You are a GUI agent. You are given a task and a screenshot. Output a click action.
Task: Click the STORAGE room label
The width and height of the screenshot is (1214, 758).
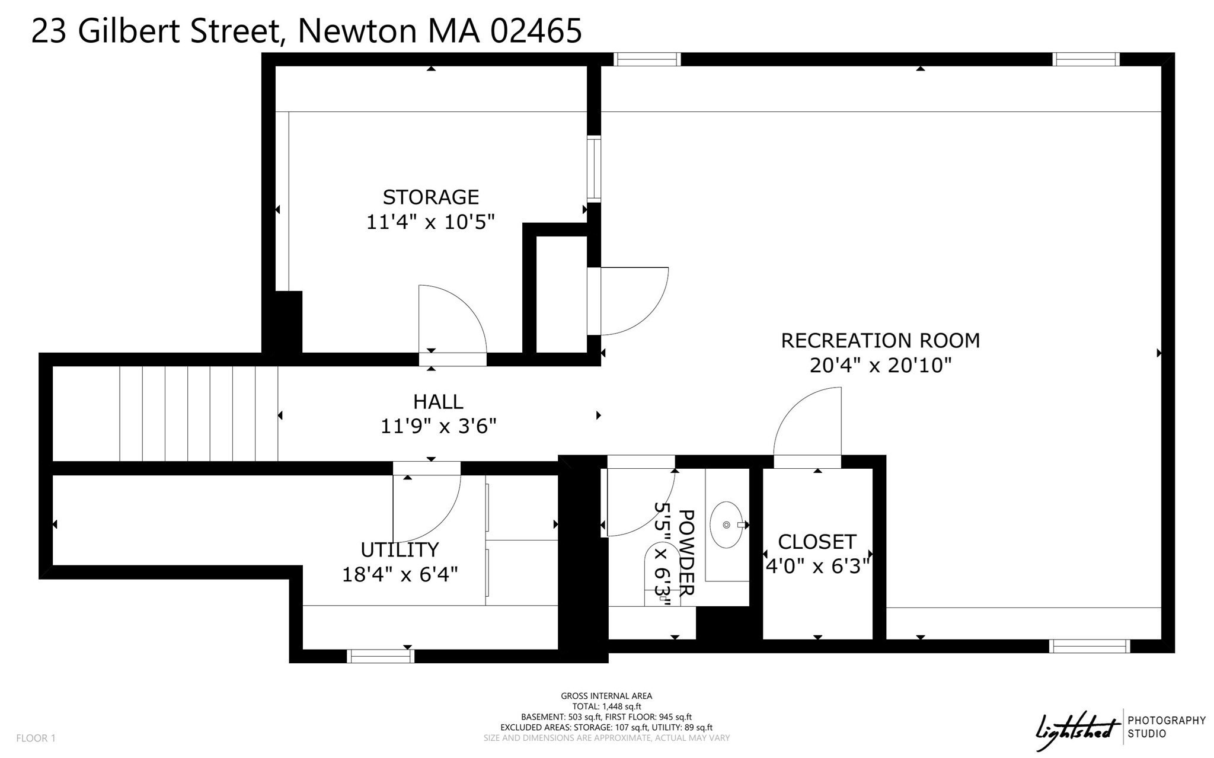tap(430, 197)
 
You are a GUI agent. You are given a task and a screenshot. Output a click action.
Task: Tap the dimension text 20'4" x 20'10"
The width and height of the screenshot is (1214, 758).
tap(880, 365)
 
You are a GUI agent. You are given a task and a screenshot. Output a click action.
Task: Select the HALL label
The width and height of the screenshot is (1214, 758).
tap(437, 402)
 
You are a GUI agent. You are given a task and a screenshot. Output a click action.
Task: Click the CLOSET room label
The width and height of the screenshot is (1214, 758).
tap(817, 542)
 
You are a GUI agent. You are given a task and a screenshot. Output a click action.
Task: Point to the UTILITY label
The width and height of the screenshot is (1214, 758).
tap(400, 550)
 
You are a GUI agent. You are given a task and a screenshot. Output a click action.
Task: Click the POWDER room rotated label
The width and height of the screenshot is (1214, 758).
tap(685, 552)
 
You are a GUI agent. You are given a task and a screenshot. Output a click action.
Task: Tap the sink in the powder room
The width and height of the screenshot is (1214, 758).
tap(727, 525)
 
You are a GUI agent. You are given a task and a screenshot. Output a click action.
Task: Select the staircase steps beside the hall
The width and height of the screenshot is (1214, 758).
tap(198, 414)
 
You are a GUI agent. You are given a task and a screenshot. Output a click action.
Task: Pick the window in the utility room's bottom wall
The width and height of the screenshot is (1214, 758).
tap(380, 656)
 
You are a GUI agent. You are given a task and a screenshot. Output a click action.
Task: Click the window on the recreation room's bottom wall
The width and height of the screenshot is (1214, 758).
tap(1089, 646)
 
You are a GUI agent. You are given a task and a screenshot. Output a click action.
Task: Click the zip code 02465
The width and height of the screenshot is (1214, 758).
tap(536, 31)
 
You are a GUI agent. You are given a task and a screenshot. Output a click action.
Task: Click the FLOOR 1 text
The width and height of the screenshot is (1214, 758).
tap(36, 738)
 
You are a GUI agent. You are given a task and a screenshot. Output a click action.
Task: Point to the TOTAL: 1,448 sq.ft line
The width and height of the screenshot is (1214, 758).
tap(606, 706)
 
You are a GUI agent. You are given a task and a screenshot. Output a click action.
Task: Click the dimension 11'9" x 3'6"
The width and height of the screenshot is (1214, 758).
tap(437, 426)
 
